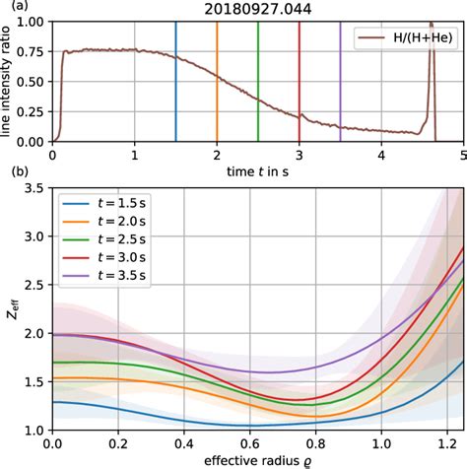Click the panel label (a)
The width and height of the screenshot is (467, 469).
(x=12, y=8)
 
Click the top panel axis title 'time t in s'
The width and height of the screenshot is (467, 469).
(x=258, y=170)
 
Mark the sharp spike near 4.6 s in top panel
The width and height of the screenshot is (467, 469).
(x=432, y=30)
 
